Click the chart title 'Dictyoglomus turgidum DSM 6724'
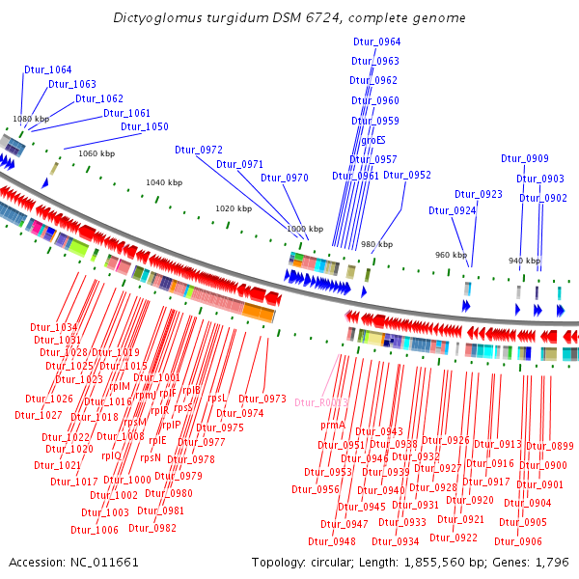coord(289,18)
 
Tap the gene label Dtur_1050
coord(145,126)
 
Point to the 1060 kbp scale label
coord(96,153)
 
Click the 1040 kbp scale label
coord(163,182)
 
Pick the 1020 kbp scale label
coord(233,208)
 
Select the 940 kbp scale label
coord(524,262)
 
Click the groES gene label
coord(372,140)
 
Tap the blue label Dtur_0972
coord(199,150)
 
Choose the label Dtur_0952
coord(407,175)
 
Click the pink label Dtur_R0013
coord(321,402)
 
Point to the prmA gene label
coord(333,425)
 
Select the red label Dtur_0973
coord(262,399)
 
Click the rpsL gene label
coord(217,398)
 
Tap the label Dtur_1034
coord(53,327)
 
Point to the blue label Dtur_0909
coord(525,158)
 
